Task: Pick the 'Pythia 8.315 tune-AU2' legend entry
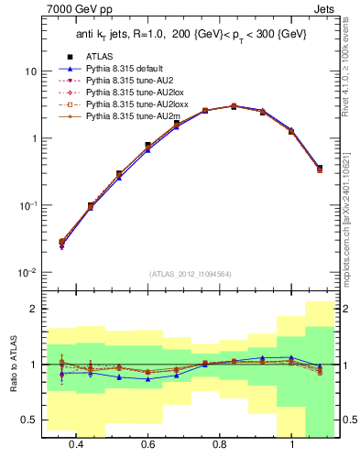[x=116, y=81]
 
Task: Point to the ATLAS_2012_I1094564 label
[x=189, y=273]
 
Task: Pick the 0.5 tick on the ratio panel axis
[x=29, y=420]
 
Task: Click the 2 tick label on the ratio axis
[x=34, y=309]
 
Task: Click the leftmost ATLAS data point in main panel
[x=61, y=242]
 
